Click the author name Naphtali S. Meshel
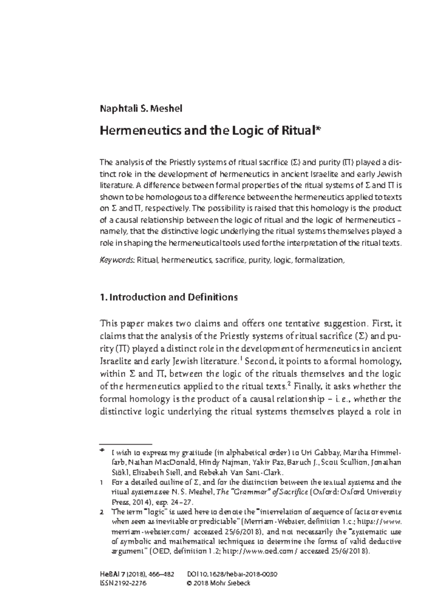tap(141, 108)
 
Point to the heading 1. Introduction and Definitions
tap(168, 297)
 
